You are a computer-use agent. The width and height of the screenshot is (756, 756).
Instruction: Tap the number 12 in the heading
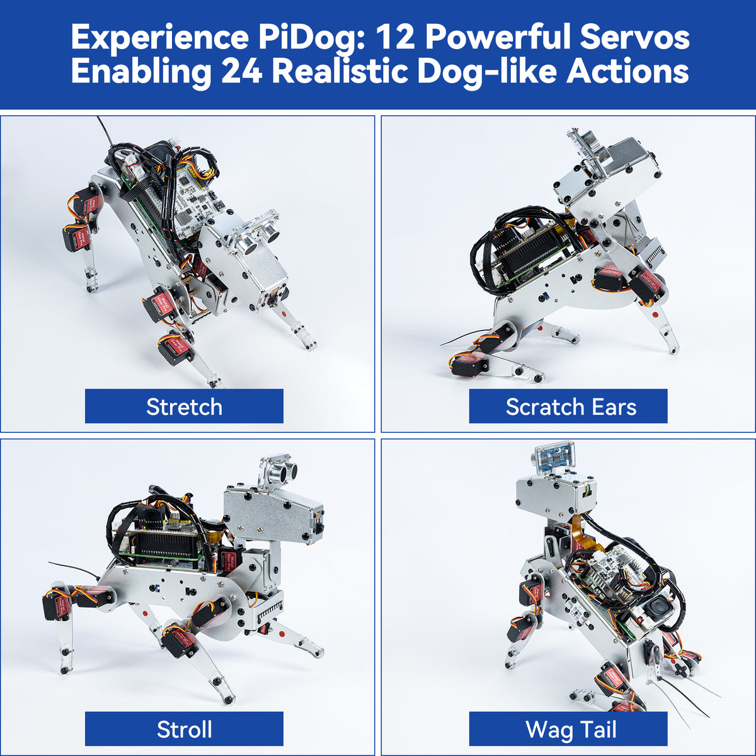click(395, 38)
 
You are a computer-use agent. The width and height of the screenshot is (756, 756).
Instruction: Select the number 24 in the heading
click(241, 71)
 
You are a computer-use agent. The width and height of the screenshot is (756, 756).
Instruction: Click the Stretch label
click(184, 406)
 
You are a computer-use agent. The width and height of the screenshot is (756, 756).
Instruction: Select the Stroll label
click(184, 730)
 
